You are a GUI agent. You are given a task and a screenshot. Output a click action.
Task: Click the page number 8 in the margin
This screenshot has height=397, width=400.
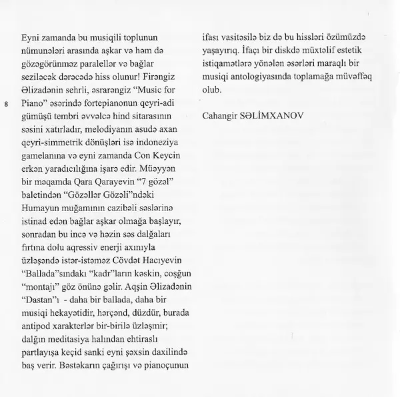[x=6, y=105]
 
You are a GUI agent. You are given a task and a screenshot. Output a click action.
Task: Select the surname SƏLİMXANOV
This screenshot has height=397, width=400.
[x=275, y=117]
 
